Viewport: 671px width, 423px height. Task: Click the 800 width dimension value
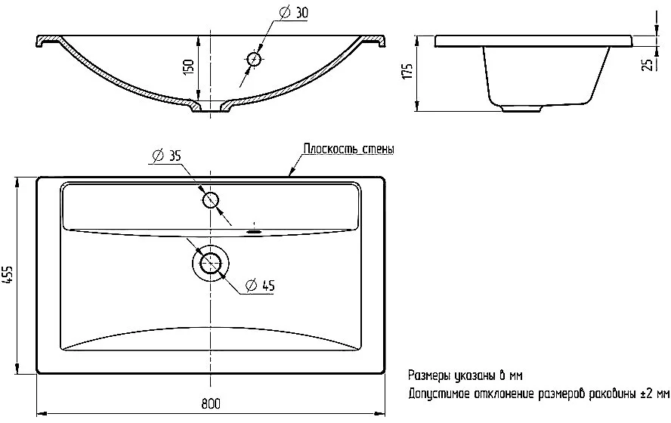[211, 403]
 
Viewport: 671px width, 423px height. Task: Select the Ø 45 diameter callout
[260, 285]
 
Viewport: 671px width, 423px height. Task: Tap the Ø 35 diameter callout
[166, 156]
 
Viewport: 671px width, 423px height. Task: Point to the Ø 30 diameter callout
[293, 13]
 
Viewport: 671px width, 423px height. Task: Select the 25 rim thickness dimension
[649, 64]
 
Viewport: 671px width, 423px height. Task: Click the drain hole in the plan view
[210, 262]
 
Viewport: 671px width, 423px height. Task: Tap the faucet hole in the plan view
[211, 199]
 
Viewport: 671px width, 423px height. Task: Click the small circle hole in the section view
[254, 59]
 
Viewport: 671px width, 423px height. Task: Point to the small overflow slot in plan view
[254, 231]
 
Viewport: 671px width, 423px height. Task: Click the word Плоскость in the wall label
[330, 149]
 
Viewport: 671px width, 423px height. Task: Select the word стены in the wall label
[379, 150]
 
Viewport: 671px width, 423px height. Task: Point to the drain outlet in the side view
[521, 109]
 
